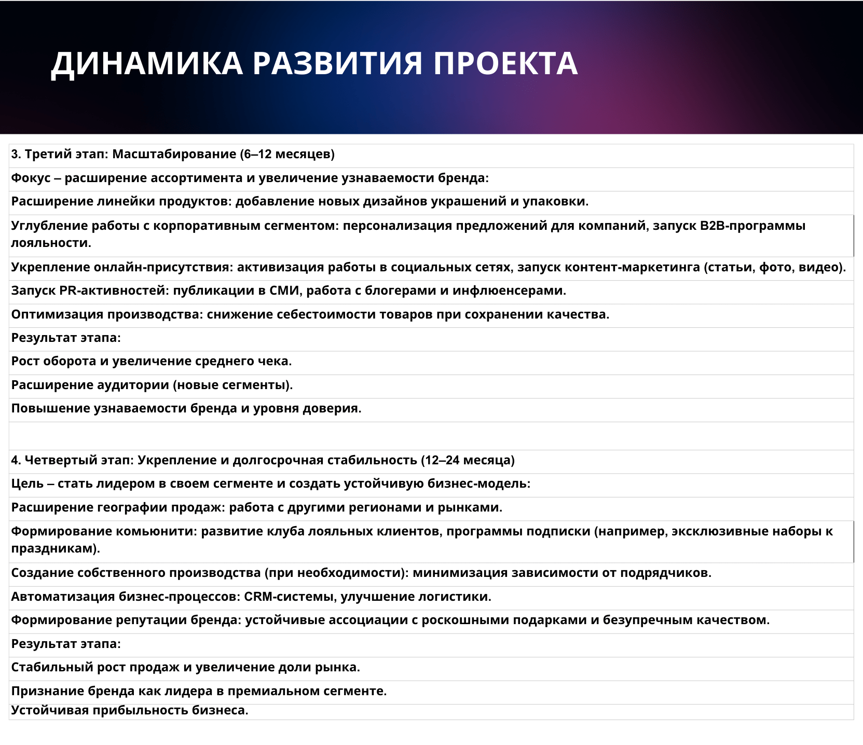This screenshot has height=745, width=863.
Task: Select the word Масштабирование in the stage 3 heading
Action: (174, 155)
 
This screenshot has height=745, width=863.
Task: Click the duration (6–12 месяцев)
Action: (287, 155)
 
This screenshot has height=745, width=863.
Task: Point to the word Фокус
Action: (31, 178)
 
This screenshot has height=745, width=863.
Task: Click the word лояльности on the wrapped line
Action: (51, 243)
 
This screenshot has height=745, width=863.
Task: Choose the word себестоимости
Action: (330, 315)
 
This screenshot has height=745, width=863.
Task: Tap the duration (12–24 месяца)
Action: (468, 461)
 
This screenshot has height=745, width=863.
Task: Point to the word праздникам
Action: (56, 548)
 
